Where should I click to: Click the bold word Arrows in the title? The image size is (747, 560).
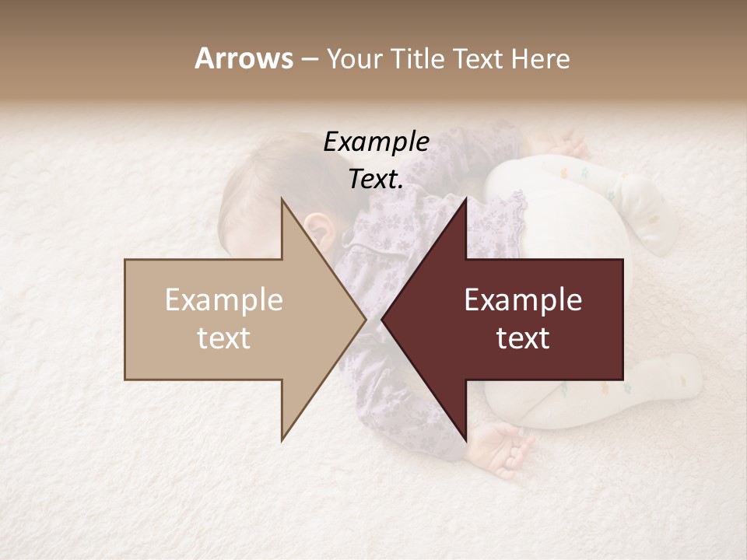tap(244, 58)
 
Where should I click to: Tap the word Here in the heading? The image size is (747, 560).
tap(540, 59)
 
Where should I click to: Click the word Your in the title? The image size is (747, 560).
tap(353, 59)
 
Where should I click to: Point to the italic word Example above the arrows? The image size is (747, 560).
tap(377, 142)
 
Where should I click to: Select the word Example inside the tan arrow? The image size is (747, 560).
tap(224, 300)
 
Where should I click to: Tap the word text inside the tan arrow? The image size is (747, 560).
tap(224, 338)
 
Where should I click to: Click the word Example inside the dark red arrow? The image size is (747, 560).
tap(523, 300)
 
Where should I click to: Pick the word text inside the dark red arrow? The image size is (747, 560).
tap(523, 338)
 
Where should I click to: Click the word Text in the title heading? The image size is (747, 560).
tap(479, 59)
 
